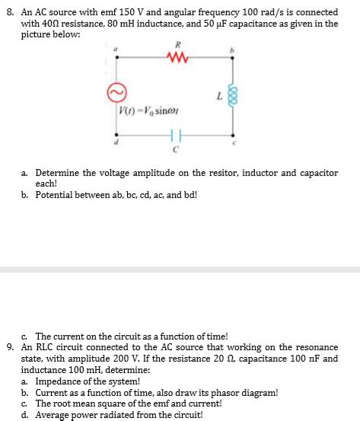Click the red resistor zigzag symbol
click(180, 57)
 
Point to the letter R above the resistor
click(180, 45)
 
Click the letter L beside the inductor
click(218, 96)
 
